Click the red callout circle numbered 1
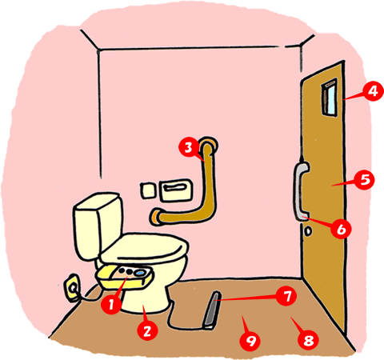point(111,304)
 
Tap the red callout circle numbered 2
point(147,330)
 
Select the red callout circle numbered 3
point(189,147)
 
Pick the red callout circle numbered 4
point(374,91)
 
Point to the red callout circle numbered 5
point(365,180)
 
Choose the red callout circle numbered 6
point(341,229)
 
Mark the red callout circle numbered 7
point(286,296)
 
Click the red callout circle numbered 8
point(308,339)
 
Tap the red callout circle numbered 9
point(250,339)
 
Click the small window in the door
point(330,98)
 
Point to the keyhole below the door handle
point(308,231)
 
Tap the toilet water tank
point(98,226)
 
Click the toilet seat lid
point(144,248)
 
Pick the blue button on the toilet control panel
point(139,273)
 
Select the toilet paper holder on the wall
point(176,190)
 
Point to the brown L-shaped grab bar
point(210,192)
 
